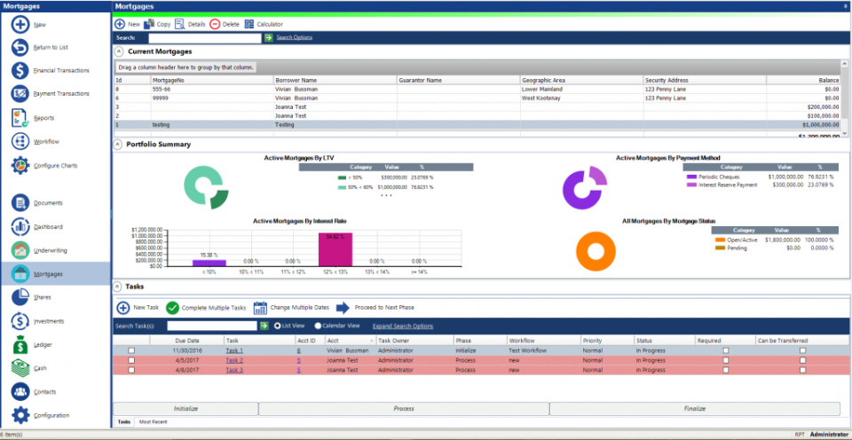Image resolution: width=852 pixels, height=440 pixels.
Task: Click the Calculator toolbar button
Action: [x=264, y=24]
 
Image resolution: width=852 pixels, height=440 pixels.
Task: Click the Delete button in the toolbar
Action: [x=225, y=24]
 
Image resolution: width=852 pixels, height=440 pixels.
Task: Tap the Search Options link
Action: [x=294, y=38]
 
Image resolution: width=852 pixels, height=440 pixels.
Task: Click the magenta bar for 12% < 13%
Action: [x=335, y=249]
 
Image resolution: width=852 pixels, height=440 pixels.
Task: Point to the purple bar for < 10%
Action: [x=209, y=262]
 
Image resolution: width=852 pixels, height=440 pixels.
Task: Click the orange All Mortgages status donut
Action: [x=596, y=250]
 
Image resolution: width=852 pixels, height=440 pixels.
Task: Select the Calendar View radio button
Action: [x=315, y=326]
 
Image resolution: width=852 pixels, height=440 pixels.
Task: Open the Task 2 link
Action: [x=233, y=360]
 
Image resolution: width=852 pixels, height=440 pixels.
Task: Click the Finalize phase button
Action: [x=694, y=409]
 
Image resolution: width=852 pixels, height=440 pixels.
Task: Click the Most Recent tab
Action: [x=153, y=421]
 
